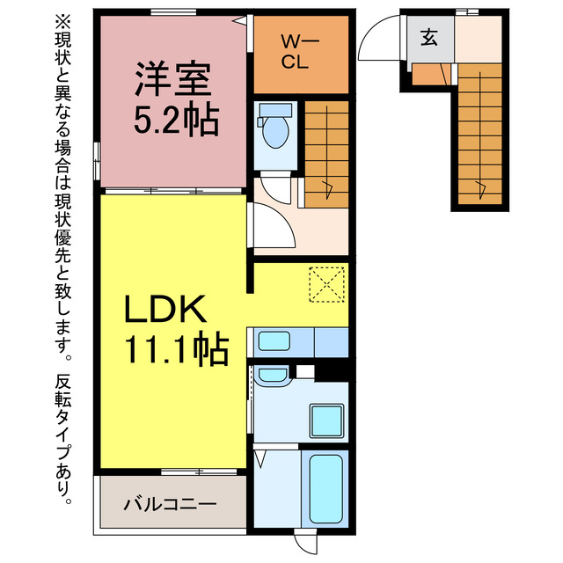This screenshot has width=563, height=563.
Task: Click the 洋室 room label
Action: point(172,80)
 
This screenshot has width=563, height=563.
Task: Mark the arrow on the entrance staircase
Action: point(479,186)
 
